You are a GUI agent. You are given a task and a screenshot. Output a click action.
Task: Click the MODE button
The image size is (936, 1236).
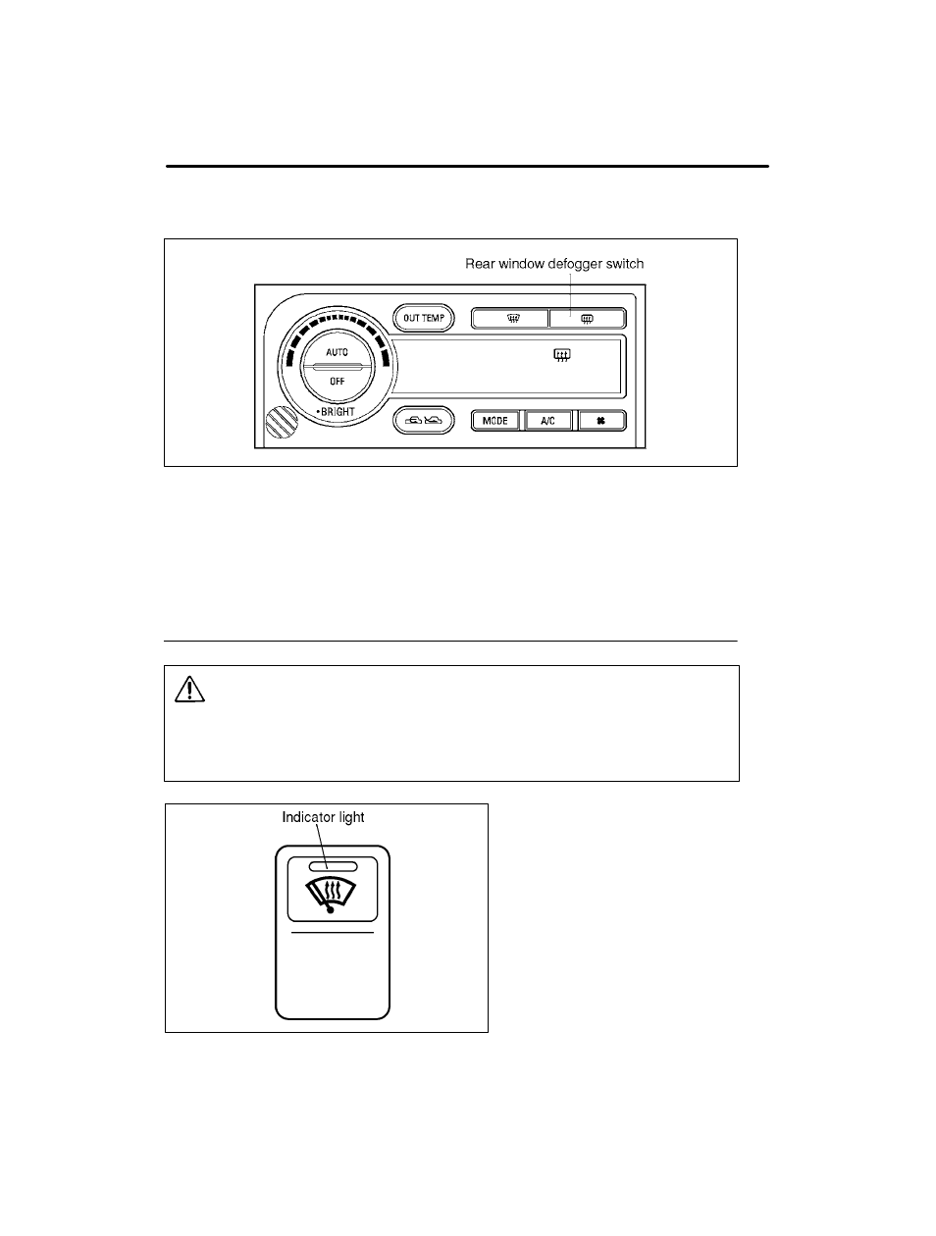pyautogui.click(x=495, y=421)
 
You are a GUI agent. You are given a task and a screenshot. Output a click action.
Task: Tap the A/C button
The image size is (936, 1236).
pyautogui.click(x=548, y=421)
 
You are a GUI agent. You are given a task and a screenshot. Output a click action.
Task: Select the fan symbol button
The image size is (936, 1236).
pyautogui.click(x=601, y=421)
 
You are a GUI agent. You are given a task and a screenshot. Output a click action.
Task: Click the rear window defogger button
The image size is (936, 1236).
pyautogui.click(x=588, y=319)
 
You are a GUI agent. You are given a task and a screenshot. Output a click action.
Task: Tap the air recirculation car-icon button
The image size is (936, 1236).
pyautogui.click(x=424, y=420)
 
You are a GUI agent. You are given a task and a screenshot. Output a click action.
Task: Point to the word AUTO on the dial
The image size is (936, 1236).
pyautogui.click(x=337, y=352)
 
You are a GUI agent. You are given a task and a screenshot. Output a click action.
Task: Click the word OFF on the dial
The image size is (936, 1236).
pyautogui.click(x=337, y=382)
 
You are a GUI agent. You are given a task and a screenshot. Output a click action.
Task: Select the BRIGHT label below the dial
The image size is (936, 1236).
pyautogui.click(x=336, y=412)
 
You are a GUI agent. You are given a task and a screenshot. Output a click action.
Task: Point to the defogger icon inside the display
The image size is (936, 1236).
pyautogui.click(x=562, y=355)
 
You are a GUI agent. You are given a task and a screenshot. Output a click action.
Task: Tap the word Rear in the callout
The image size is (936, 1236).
pyautogui.click(x=480, y=264)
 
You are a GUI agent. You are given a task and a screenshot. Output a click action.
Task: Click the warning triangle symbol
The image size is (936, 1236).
pyautogui.click(x=189, y=690)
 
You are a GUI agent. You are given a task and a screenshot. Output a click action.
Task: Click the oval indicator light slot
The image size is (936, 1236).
pyautogui.click(x=334, y=866)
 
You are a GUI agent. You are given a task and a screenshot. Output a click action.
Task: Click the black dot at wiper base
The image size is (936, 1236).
pyautogui.click(x=331, y=909)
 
